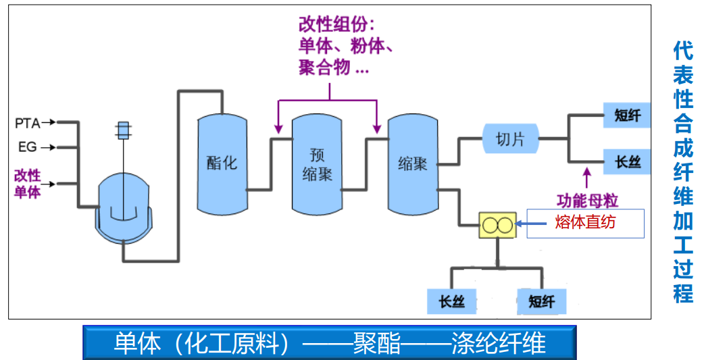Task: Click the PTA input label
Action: point(28,123)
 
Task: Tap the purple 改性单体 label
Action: point(28,183)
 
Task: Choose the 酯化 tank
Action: point(222,162)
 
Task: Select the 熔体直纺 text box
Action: point(585,223)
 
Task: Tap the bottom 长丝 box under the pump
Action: point(451,301)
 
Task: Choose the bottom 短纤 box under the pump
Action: point(542,301)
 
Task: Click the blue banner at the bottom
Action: point(330,343)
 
